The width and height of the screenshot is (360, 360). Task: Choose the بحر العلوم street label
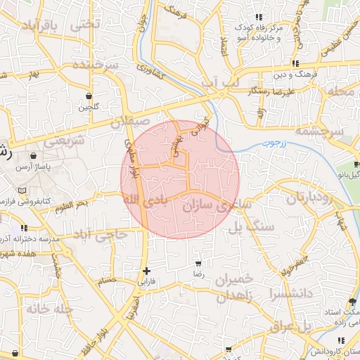coord(73,203)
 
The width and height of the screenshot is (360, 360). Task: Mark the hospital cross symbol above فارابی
coord(146,271)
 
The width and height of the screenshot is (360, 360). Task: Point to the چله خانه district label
coord(50,308)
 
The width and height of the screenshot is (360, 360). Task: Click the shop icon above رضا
coord(199,264)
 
